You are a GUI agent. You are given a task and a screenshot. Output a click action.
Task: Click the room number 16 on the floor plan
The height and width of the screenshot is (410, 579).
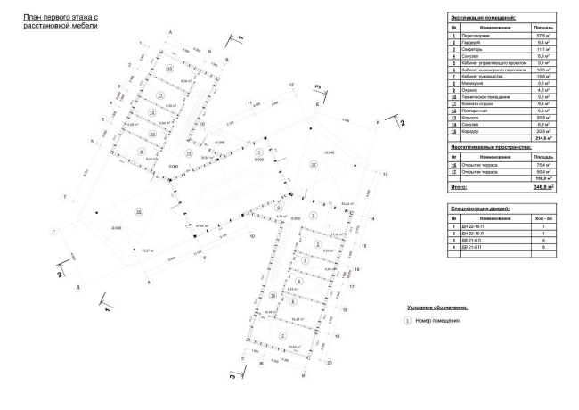point(138,212)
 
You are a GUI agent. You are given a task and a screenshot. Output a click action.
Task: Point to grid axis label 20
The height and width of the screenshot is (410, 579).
point(329,363)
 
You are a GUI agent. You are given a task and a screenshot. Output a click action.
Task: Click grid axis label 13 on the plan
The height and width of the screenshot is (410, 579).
point(386,176)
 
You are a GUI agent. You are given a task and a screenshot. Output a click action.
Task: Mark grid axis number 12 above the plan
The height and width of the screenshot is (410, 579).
point(290,84)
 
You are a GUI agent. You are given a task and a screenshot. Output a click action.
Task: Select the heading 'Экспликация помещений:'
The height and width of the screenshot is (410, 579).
point(485,17)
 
